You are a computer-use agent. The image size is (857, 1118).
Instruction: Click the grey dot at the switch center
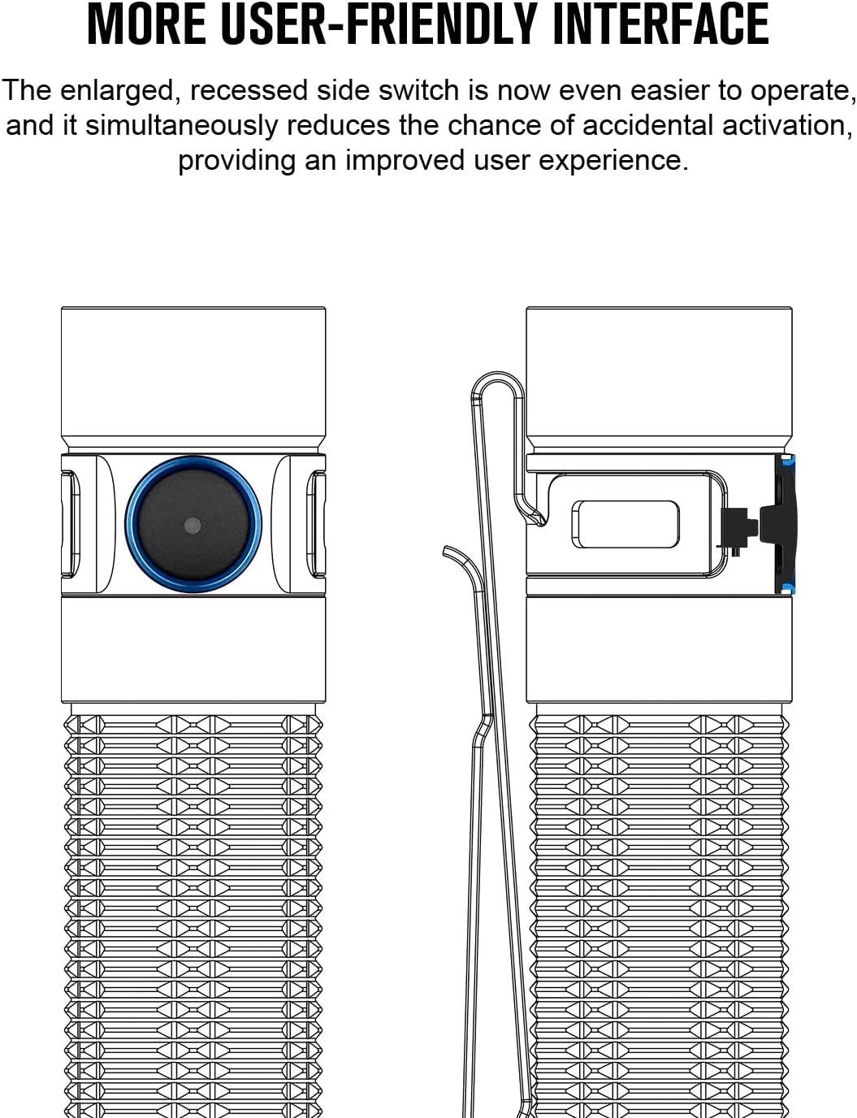click(x=193, y=525)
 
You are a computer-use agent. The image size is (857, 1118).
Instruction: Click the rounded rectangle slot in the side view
click(x=625, y=524)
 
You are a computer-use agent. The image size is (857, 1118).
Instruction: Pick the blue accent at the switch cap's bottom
click(x=787, y=587)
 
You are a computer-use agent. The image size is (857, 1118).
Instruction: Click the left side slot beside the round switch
click(x=71, y=525)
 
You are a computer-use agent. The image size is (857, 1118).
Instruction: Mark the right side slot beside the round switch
click(x=316, y=525)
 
